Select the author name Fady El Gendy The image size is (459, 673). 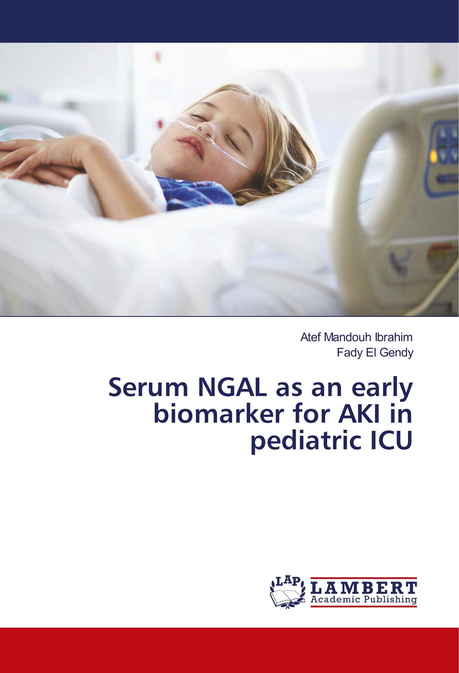tap(375, 353)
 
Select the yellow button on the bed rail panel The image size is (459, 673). tap(434, 156)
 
